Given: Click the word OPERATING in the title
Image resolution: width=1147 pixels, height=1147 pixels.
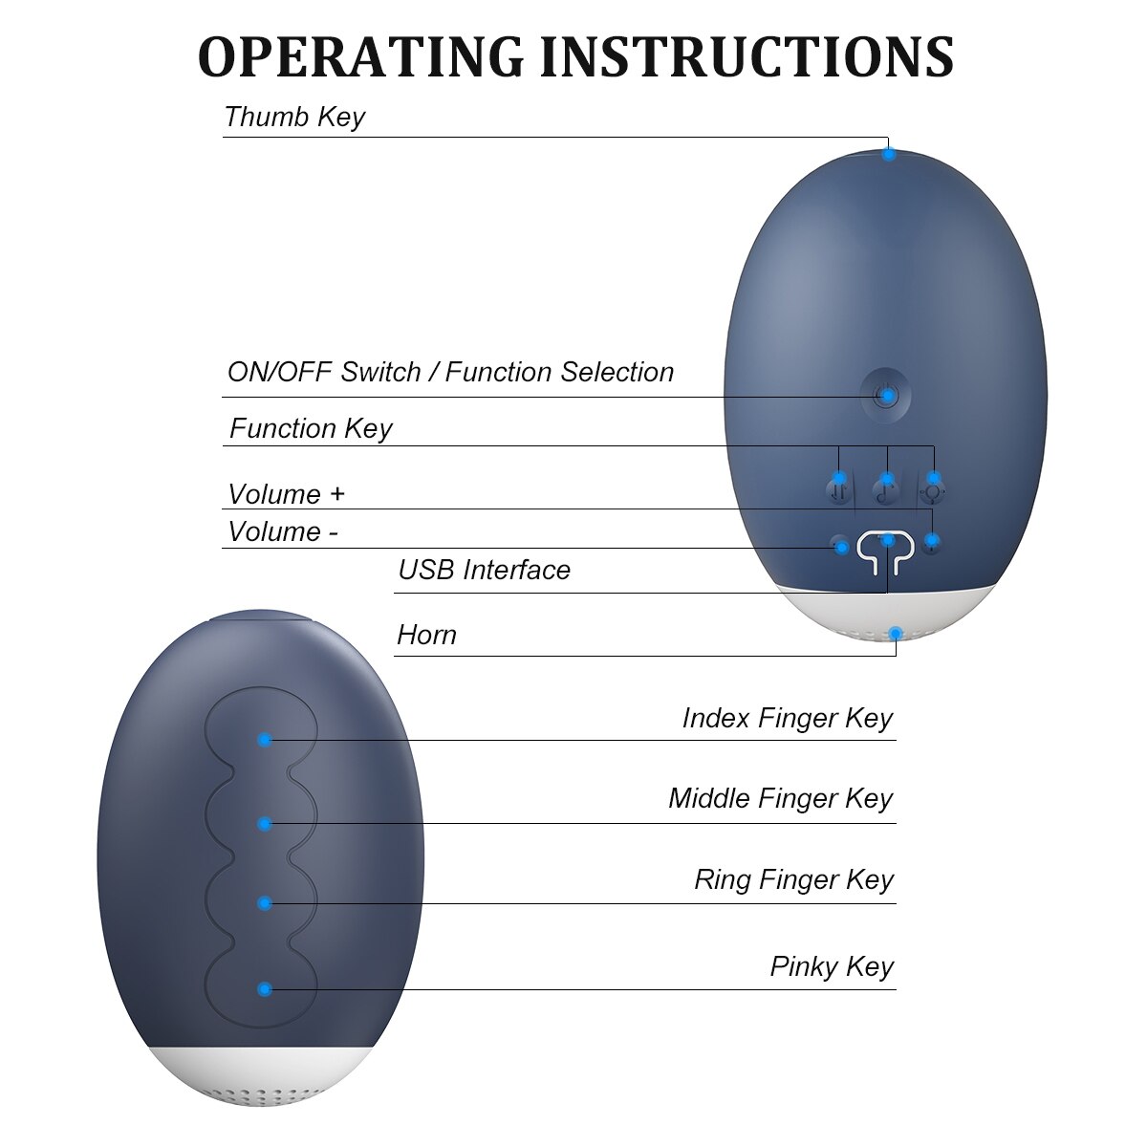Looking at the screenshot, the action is [x=360, y=56].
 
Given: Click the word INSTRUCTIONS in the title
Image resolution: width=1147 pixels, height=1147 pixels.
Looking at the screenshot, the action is [x=747, y=56].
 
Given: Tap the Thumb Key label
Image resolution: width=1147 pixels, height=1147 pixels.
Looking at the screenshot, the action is [x=294, y=117].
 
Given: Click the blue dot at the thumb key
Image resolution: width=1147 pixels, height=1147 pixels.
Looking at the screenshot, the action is [x=888, y=155].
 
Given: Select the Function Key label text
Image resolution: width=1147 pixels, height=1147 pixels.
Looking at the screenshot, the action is [x=311, y=428].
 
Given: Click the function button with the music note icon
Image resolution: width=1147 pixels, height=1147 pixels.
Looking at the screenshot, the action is [x=886, y=491].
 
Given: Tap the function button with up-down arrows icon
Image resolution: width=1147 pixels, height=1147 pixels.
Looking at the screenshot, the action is [x=838, y=491].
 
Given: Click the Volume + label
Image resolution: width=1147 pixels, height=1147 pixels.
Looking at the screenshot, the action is [x=287, y=494].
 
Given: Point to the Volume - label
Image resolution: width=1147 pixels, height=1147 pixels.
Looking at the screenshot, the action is [x=283, y=531].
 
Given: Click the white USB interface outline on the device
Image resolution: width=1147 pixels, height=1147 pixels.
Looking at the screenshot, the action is [x=886, y=552].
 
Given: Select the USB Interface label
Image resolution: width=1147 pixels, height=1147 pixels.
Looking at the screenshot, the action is [x=484, y=570].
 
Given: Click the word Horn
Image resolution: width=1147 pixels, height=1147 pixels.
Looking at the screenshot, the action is [x=426, y=635].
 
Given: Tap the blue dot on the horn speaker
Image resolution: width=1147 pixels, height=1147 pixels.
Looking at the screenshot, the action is [x=896, y=633].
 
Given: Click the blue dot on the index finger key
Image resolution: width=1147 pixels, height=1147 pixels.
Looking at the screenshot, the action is [x=265, y=740].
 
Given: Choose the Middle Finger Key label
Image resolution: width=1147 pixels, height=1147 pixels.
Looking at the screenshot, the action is [x=780, y=799].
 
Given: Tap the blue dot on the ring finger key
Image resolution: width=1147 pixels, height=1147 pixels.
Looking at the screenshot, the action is [x=265, y=903].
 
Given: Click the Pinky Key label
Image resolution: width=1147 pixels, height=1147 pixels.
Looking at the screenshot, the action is [x=832, y=966].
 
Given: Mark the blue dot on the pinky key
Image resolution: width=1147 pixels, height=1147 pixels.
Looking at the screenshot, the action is [x=265, y=989].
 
